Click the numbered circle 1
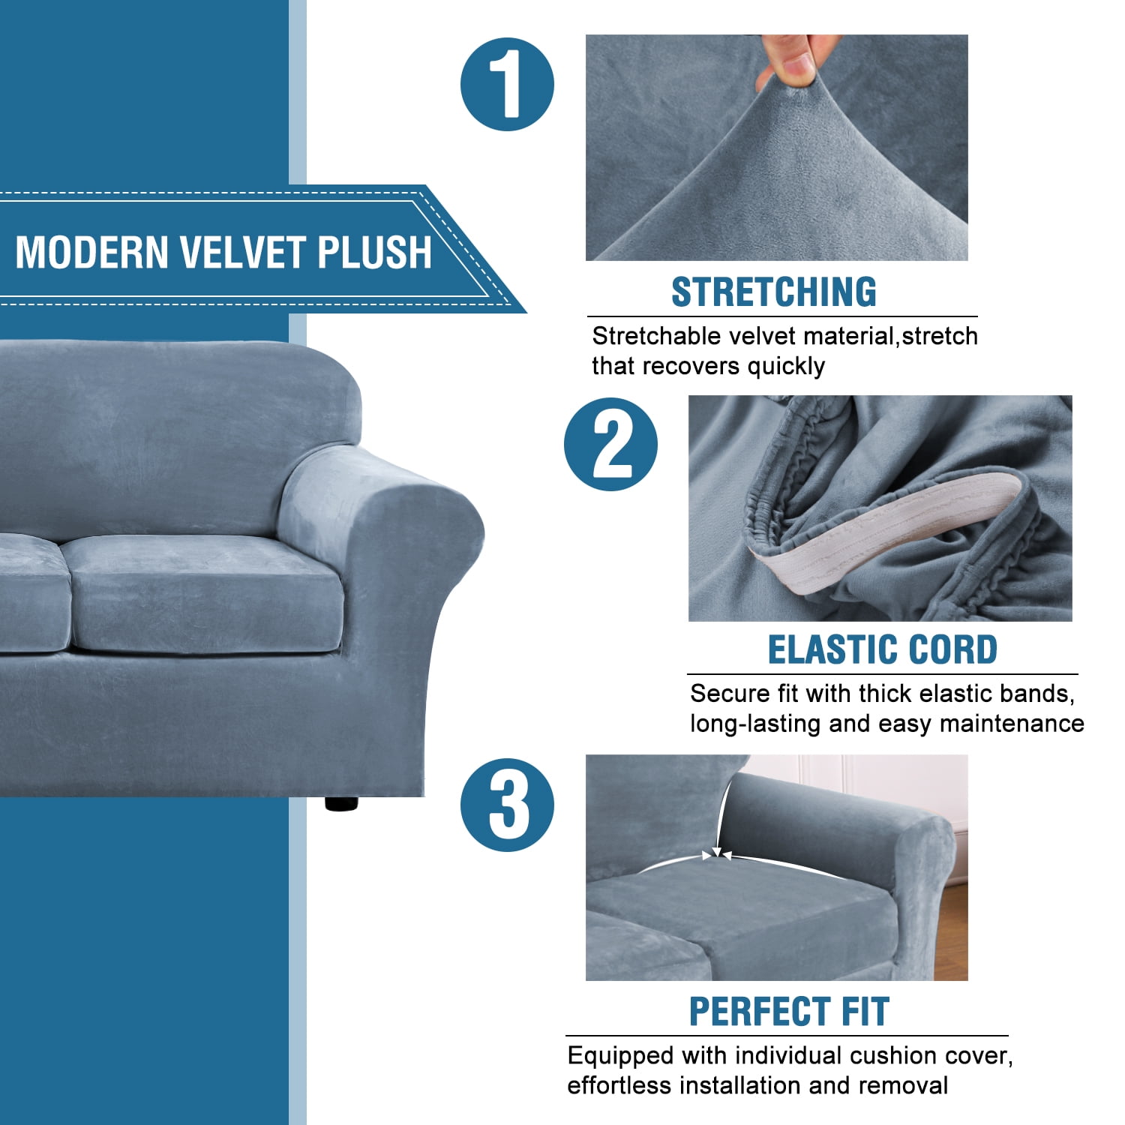pos(507,85)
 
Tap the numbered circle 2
pos(610,445)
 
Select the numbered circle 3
pos(507,805)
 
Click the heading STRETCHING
pos(773,292)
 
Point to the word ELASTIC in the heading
pos(830,649)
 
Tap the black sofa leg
pos(341,802)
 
